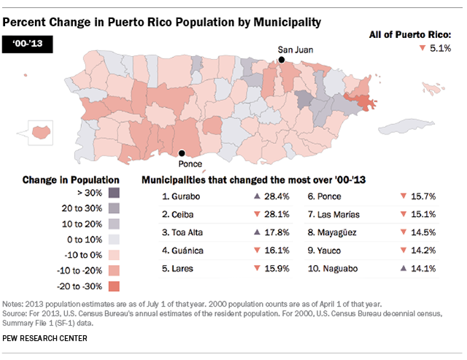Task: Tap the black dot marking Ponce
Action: (x=182, y=153)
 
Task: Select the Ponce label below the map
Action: (x=191, y=165)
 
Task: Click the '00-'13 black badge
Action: (x=27, y=45)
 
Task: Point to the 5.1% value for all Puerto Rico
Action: (x=440, y=48)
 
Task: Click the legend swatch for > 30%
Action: (x=112, y=193)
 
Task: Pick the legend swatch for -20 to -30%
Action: (x=112, y=285)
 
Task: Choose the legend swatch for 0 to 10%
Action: (x=112, y=239)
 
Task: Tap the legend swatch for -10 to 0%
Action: (x=112, y=254)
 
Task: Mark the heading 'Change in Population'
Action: (x=71, y=179)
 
